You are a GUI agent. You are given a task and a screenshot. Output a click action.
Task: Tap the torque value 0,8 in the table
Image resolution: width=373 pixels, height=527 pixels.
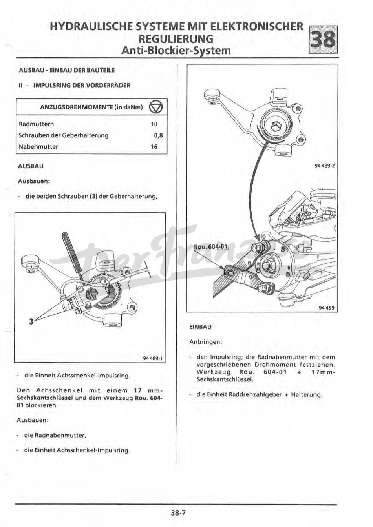tap(158, 135)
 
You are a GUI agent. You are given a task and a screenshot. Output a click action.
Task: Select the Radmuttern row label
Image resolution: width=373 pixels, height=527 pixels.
tap(37, 124)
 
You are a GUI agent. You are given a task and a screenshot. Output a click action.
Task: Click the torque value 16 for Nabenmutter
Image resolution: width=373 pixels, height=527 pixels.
tap(154, 147)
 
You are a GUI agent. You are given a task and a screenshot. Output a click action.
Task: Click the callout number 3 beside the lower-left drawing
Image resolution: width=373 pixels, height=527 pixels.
tap(31, 321)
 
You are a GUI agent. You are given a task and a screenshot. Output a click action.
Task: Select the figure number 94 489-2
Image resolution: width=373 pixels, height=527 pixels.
tap(324, 166)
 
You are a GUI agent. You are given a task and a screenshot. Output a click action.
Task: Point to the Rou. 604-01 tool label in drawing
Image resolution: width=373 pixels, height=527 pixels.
tap(212, 247)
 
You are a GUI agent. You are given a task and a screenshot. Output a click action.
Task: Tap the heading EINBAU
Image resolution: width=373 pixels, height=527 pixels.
tap(200, 327)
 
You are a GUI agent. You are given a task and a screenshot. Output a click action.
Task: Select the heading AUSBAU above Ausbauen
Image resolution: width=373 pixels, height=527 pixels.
tap(31, 166)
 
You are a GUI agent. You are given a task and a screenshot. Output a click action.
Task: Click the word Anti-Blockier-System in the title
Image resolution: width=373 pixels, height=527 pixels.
tap(176, 51)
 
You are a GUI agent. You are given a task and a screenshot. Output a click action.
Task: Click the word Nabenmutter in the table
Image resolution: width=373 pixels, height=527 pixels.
tap(38, 147)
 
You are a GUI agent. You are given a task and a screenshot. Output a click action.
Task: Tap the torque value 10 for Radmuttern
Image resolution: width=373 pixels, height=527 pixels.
tap(154, 124)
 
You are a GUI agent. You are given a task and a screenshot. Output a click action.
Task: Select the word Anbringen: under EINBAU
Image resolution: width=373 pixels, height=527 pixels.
tap(206, 342)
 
